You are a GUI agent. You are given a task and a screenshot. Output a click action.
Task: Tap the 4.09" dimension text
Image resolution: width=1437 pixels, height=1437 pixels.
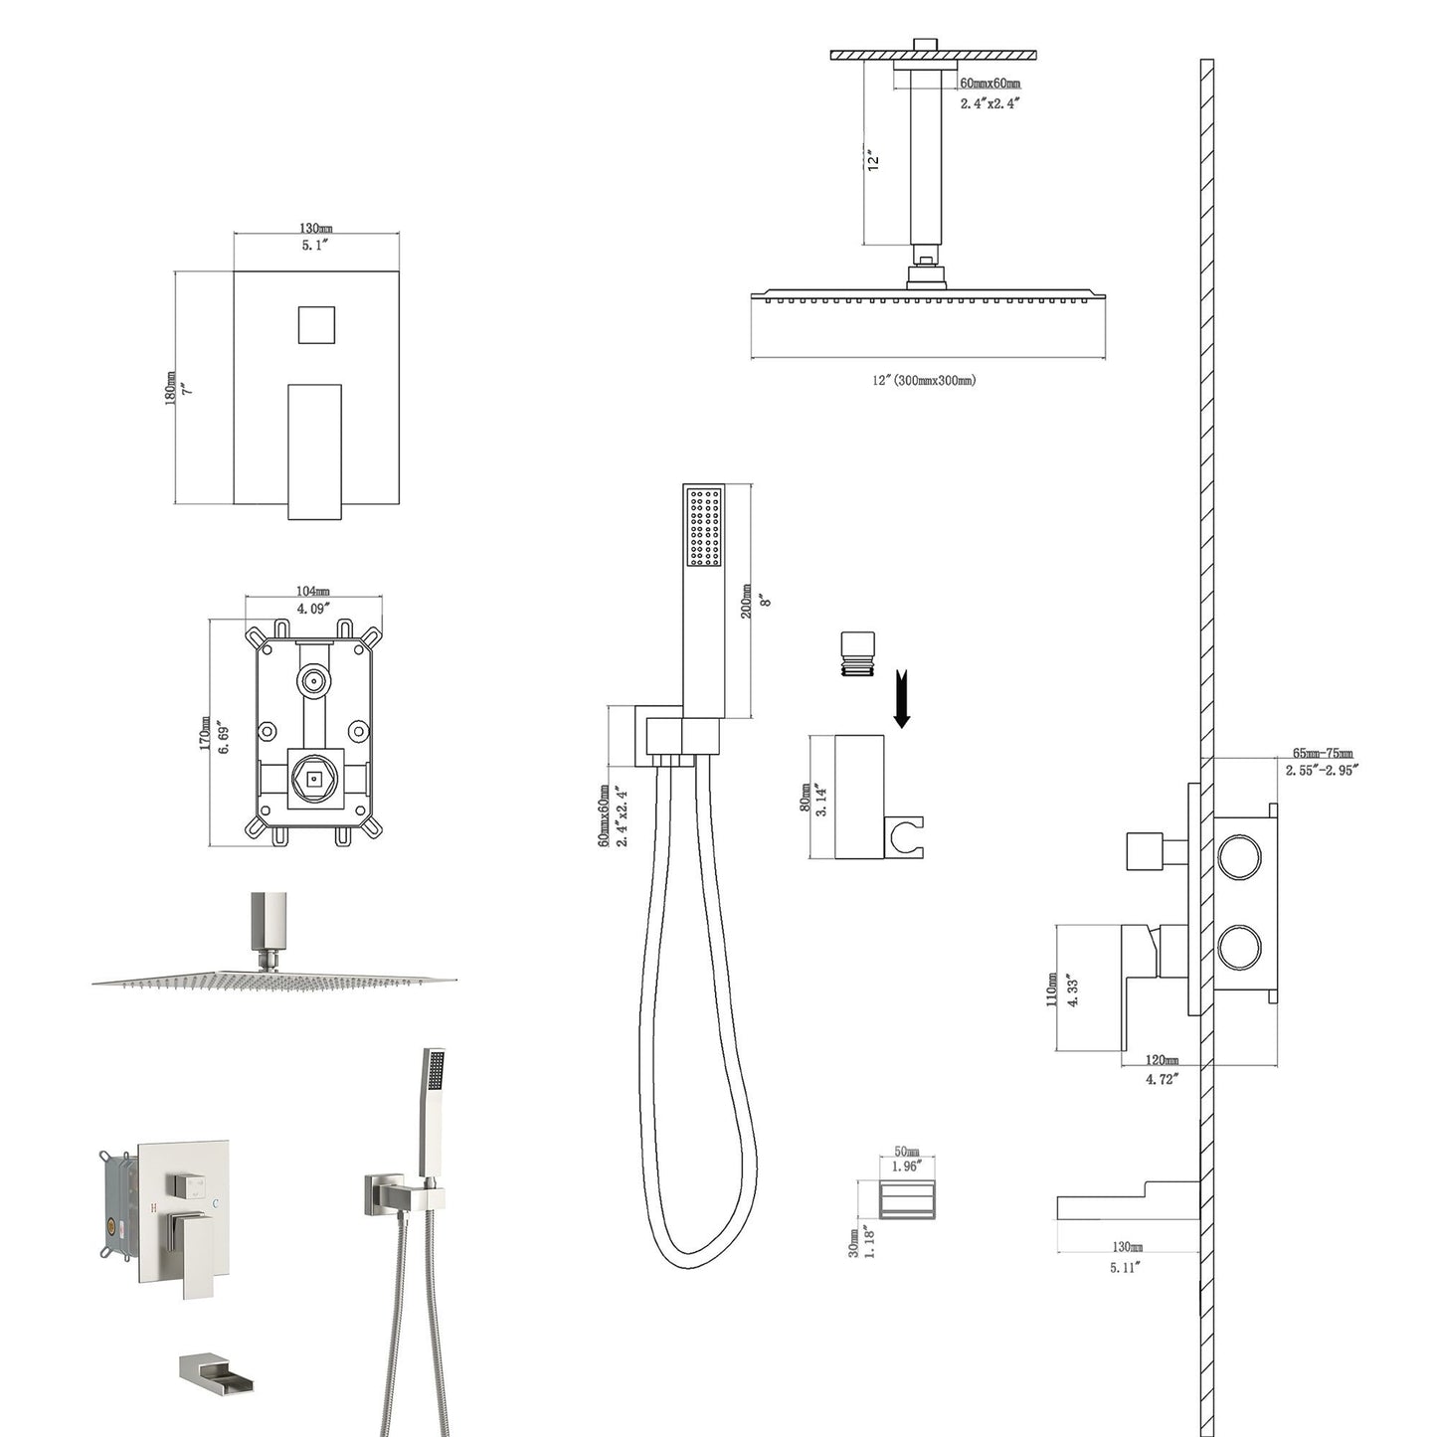(313, 607)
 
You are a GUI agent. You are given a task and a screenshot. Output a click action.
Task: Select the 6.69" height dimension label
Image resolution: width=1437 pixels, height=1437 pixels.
(225, 733)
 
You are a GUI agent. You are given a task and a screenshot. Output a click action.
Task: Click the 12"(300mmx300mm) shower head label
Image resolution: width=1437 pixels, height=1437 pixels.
(925, 380)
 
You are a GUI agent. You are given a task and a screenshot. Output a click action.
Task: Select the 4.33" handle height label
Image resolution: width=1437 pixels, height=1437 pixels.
(1072, 990)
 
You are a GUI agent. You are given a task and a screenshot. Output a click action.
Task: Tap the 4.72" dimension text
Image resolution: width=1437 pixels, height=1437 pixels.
(1161, 1078)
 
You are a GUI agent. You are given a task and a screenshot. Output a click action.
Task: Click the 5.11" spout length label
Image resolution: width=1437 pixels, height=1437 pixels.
(1125, 1266)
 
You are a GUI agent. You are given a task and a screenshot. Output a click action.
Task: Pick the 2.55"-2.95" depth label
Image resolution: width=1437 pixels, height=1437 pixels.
(1322, 769)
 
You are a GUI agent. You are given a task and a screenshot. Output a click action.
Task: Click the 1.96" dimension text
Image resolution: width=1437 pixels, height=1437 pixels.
(906, 1166)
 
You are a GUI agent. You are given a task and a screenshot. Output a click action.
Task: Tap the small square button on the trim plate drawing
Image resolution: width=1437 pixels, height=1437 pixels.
(316, 324)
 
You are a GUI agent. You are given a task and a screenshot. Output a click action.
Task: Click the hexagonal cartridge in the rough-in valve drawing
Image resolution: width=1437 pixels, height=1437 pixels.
(315, 779)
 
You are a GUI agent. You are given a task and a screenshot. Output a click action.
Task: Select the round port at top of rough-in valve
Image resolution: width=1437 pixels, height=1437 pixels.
(315, 682)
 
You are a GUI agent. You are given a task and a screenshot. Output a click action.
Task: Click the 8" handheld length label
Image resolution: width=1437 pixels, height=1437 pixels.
(767, 601)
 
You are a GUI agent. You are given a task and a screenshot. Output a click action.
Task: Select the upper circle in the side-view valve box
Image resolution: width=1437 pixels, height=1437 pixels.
(1239, 857)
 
